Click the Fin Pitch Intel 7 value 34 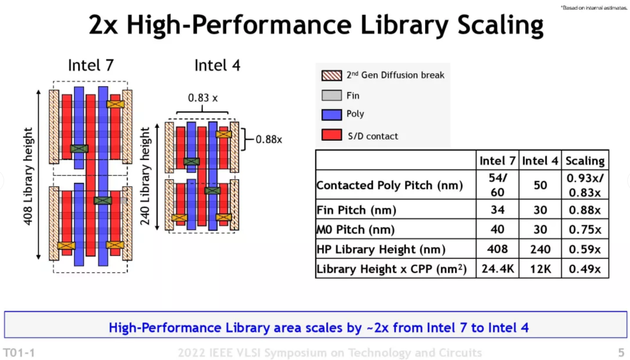[497, 210]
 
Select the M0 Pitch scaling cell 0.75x [585, 230]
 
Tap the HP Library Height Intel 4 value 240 [540, 249]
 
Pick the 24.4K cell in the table [497, 269]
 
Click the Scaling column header [585, 161]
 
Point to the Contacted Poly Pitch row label [389, 185]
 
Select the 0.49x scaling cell [585, 269]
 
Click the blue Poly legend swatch [331, 114]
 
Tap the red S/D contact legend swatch [331, 135]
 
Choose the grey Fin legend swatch [331, 95]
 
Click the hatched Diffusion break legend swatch [331, 75]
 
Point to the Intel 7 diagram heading [91, 65]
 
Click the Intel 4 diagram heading [217, 65]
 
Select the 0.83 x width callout [202, 97]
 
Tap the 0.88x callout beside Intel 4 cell [268, 140]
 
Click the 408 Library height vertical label [28, 176]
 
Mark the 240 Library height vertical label [145, 176]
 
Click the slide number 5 [621, 353]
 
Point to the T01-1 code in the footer [19, 353]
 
